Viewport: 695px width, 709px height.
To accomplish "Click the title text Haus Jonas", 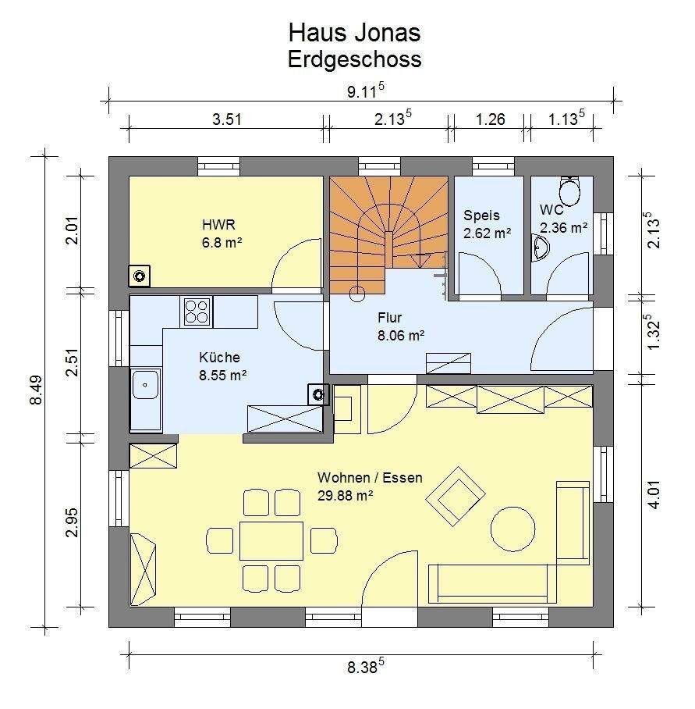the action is point(354,33).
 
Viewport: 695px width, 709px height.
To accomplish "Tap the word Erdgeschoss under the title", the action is point(354,59).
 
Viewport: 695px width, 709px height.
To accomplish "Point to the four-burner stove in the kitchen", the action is point(197,312).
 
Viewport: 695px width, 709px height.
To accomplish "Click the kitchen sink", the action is point(145,385).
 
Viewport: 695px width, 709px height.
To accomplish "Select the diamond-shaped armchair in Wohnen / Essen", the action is point(456,496).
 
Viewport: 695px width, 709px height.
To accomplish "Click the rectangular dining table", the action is point(271,541).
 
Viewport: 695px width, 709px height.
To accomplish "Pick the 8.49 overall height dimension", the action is point(36,390).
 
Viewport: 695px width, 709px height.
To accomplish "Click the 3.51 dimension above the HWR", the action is point(227,119).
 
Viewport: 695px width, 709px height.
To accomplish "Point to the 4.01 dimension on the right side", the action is point(654,495).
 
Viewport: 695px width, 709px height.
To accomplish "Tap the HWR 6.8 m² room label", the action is point(222,233).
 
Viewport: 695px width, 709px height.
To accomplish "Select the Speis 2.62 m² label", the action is point(488,224).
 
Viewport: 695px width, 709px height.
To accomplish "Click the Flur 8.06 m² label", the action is point(401,326).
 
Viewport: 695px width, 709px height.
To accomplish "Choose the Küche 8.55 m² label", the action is point(222,366).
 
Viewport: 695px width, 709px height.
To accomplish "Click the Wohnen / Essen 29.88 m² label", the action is point(370,486).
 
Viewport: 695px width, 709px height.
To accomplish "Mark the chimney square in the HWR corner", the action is point(140,276).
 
